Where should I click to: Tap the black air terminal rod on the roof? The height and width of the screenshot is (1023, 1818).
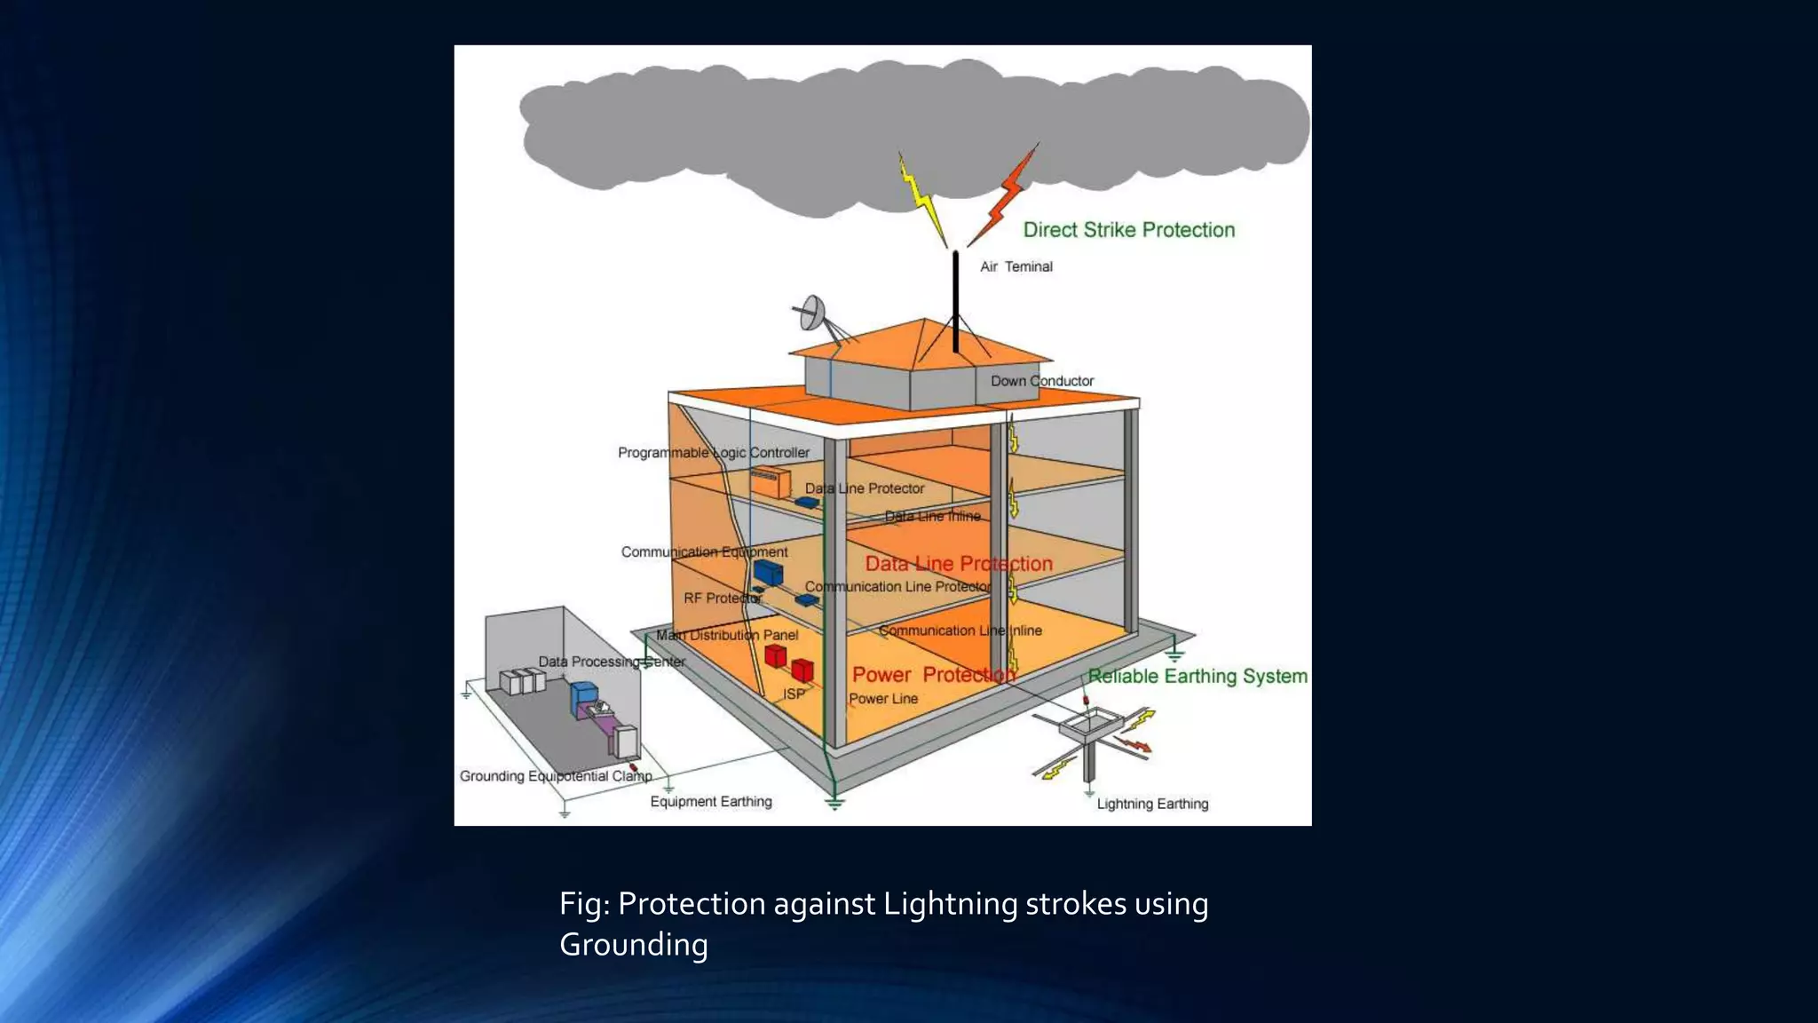[956, 302]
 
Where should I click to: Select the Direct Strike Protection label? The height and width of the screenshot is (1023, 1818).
[1128, 230]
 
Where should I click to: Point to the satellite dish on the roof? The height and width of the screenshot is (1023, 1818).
[813, 313]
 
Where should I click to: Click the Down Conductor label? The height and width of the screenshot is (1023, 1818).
[1042, 381]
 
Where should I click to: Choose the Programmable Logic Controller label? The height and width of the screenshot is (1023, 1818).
[714, 453]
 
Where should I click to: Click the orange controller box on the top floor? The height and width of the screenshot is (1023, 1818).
[770, 482]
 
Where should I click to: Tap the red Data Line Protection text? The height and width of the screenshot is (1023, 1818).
[959, 564]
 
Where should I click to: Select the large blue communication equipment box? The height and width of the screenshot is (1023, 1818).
[768, 572]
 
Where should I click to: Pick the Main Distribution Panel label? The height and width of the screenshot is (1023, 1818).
[727, 635]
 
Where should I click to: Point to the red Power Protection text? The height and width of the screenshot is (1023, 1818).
[933, 675]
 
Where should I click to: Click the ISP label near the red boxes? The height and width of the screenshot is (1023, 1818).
[794, 694]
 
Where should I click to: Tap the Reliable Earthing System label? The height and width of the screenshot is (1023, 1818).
[1198, 677]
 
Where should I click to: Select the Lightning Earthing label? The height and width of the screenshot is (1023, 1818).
[1152, 804]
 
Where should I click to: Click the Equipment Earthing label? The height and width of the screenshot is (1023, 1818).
[711, 801]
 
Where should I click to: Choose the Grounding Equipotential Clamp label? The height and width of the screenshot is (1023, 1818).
[556, 776]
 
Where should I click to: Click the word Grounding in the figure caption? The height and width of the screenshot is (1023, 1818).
[633, 945]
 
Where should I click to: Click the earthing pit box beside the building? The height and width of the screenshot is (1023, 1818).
[1093, 724]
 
